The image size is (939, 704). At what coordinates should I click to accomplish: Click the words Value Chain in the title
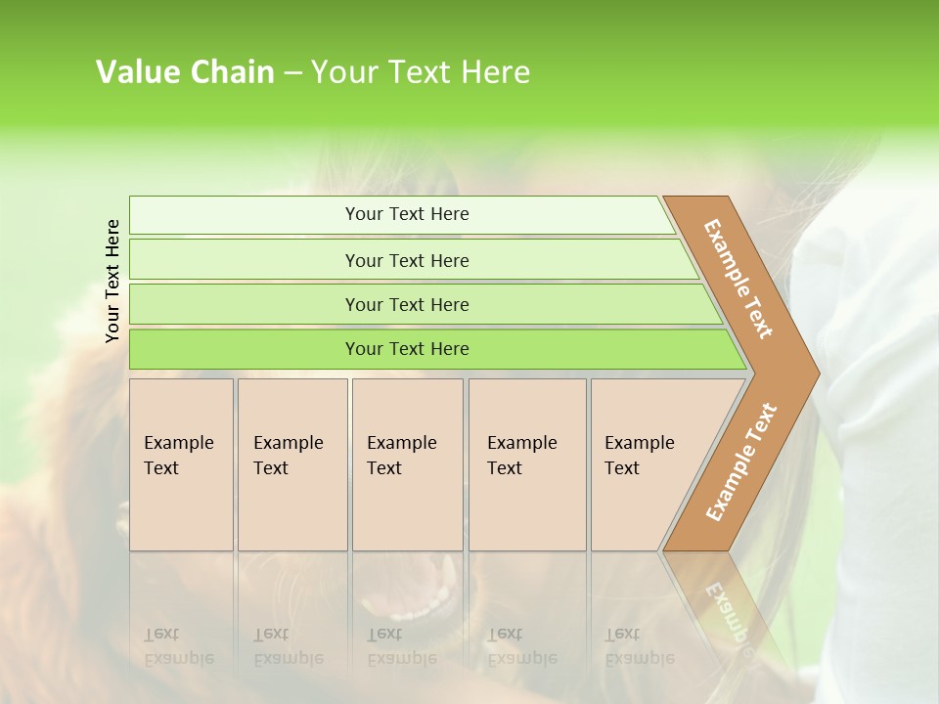pos(185,72)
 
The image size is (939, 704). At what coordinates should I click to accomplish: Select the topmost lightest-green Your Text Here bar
pos(406,214)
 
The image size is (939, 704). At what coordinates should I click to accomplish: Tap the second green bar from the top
pos(406,260)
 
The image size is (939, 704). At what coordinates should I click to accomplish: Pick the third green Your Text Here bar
pos(406,304)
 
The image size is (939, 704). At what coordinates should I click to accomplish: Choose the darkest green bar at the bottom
pos(406,349)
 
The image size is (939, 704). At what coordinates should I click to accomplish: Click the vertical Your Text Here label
pos(113,281)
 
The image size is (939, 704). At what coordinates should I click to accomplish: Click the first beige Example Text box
pos(181,464)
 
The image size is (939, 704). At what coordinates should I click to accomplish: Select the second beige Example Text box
pos(291,464)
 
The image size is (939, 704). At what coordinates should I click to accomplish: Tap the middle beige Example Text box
pos(407,464)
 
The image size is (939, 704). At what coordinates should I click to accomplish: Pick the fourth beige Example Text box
pos(526,464)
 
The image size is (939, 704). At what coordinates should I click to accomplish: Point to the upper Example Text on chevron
pos(738,279)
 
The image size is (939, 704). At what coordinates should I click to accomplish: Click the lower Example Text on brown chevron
pos(740,462)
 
